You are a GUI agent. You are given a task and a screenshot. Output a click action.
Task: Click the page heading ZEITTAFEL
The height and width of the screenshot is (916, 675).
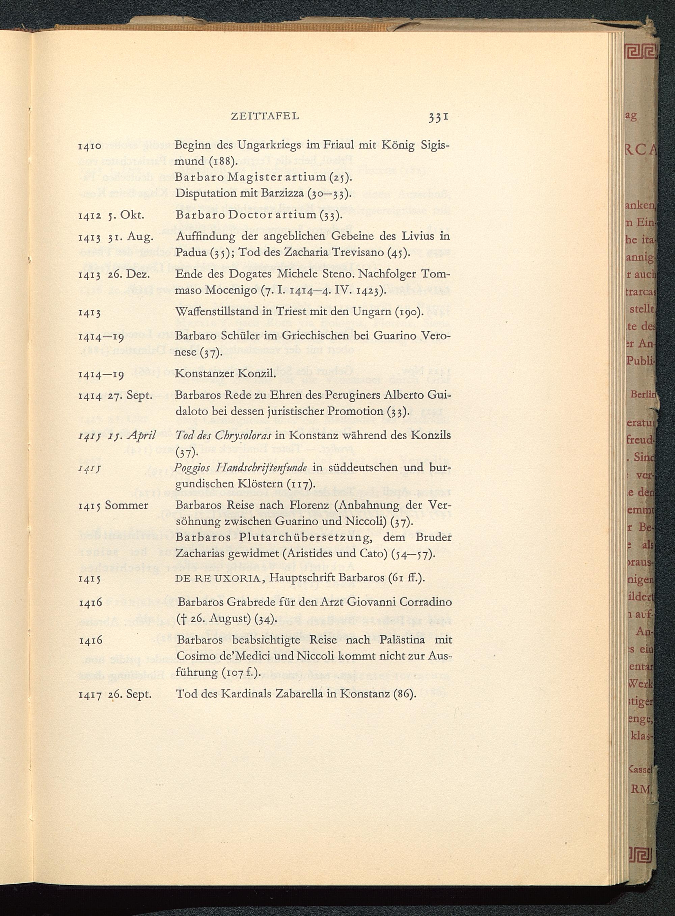click(x=265, y=116)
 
